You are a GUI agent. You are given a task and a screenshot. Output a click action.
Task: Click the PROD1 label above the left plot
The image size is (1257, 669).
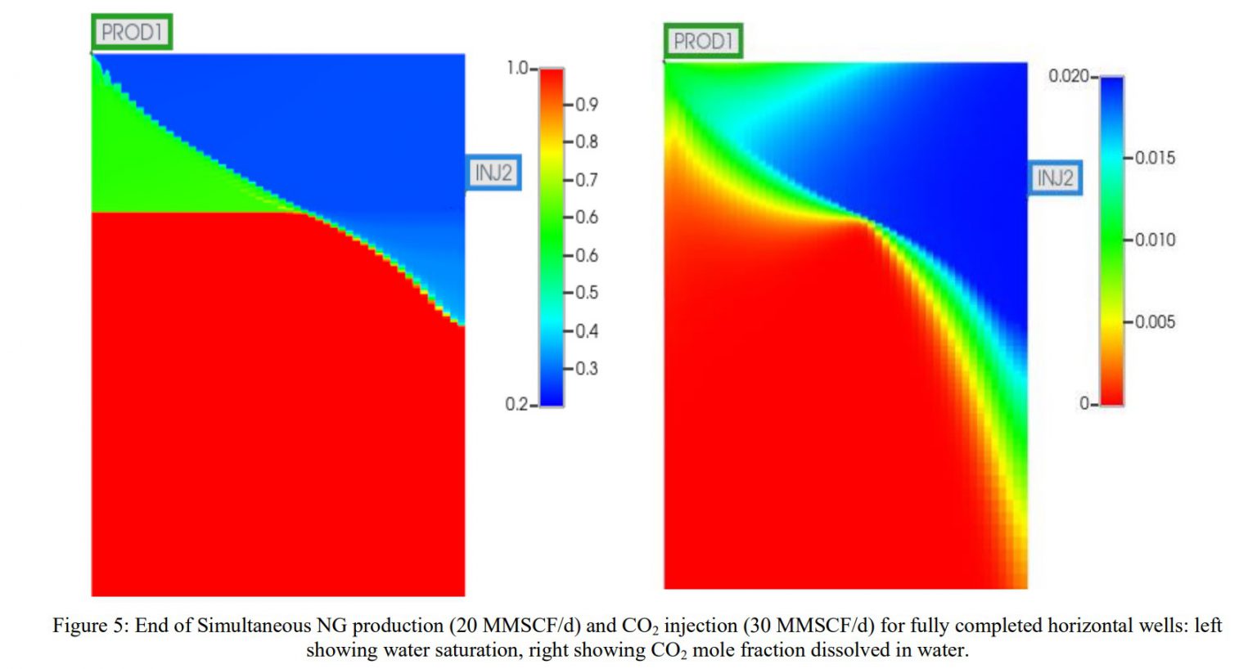(131, 32)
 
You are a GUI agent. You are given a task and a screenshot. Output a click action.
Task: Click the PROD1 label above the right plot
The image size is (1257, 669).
(703, 41)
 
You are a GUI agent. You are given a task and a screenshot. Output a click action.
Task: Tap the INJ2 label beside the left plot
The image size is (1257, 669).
(493, 173)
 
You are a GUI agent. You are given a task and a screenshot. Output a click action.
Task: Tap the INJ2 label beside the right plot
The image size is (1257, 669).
(1055, 177)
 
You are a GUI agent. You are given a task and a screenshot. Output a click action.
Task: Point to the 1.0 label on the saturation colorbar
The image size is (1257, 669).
(517, 68)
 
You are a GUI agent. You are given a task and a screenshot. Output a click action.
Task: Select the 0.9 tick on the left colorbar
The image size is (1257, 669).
(586, 105)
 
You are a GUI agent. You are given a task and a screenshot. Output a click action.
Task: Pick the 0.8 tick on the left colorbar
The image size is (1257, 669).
(586, 141)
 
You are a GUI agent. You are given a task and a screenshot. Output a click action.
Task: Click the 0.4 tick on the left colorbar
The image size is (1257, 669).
(586, 331)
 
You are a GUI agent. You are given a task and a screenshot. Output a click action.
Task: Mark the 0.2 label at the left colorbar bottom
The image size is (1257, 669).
(516, 404)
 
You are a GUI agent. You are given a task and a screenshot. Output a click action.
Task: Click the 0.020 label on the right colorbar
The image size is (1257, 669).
(1068, 76)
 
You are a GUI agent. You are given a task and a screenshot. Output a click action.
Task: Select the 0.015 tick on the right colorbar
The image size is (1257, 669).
(1154, 157)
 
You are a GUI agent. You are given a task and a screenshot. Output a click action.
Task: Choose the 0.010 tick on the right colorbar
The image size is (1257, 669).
(1154, 240)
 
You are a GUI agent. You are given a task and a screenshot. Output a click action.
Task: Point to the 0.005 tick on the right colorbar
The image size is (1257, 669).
(1154, 321)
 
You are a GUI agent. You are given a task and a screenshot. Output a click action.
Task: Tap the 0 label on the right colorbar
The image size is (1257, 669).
(1084, 403)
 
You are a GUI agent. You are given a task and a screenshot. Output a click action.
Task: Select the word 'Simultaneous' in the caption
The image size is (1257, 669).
(247, 626)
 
